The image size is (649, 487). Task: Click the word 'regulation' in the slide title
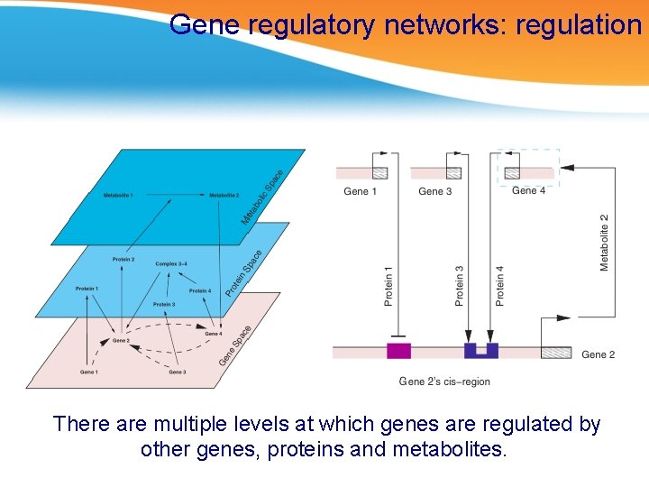tap(577, 24)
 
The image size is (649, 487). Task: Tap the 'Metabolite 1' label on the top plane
tap(118, 195)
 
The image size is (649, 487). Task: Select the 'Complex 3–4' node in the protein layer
tap(171, 264)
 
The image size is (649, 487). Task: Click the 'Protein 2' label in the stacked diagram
tap(123, 260)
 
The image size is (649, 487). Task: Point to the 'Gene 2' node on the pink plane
tap(120, 341)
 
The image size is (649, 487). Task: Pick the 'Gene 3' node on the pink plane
tap(177, 372)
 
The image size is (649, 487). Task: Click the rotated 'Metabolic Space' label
tap(262, 198)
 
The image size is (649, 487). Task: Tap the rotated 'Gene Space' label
tap(234, 346)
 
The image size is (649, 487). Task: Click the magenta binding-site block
tap(398, 351)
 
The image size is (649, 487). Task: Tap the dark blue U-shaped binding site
tap(480, 351)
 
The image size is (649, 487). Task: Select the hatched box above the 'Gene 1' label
tap(380, 172)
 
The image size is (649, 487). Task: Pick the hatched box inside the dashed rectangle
tap(512, 172)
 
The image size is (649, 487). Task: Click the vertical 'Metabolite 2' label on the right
tap(604, 242)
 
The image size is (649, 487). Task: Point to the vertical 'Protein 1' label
tap(388, 285)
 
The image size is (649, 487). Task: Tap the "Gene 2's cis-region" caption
tap(444, 381)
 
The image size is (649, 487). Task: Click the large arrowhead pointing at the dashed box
tap(567, 167)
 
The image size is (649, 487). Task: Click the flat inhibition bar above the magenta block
tap(398, 333)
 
